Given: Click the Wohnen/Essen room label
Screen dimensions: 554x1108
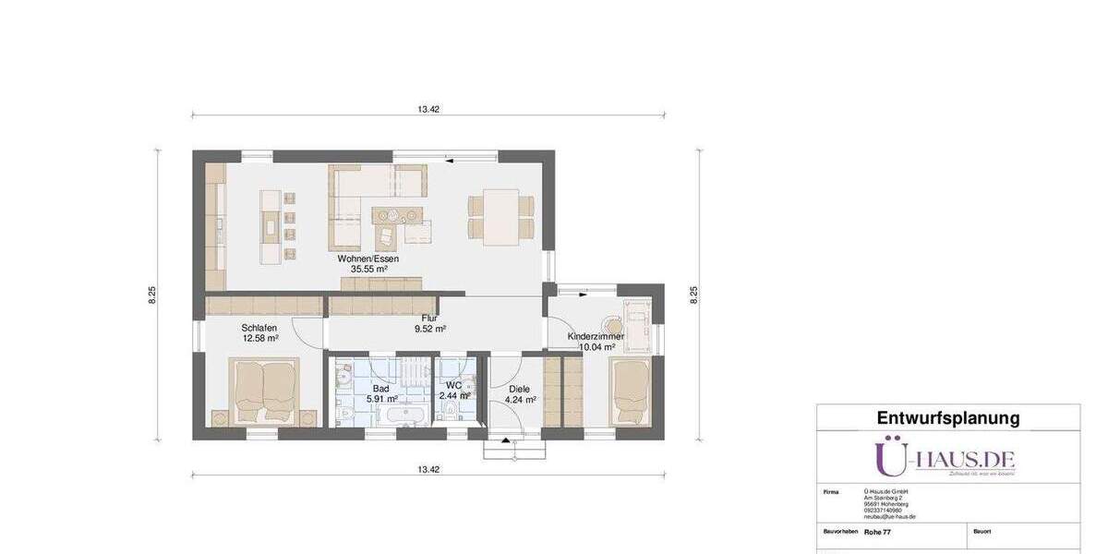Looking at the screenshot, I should (x=367, y=259).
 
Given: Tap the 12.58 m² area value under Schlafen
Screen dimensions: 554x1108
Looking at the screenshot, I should (x=260, y=338).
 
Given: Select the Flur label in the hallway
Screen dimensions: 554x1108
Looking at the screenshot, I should (x=429, y=317).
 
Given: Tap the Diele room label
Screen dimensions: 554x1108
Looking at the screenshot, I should (x=519, y=389).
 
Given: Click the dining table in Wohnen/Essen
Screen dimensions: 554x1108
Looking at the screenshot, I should (x=500, y=215).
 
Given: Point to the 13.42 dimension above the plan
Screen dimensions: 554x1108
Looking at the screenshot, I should (x=428, y=109).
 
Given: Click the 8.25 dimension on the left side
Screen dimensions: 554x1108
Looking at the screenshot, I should (x=152, y=295).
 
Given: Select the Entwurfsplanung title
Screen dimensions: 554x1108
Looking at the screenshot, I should (x=948, y=418).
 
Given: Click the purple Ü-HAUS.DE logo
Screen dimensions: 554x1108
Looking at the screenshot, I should (x=945, y=458).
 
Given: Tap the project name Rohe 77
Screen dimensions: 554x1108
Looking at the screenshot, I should (x=877, y=532).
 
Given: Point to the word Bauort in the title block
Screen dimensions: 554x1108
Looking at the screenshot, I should (x=982, y=532).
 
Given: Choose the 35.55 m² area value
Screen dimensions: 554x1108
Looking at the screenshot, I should (x=367, y=270).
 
